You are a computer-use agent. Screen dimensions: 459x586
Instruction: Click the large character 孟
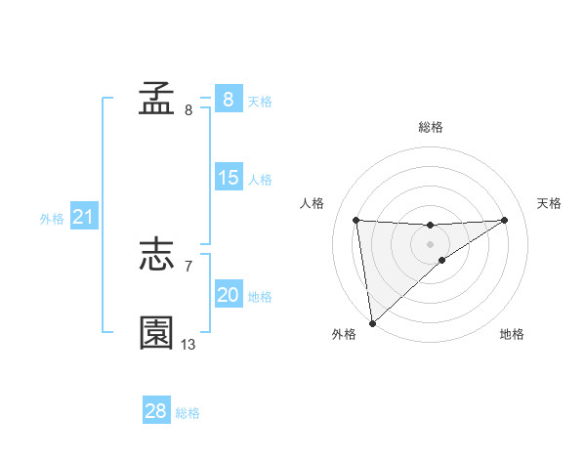point(157,99)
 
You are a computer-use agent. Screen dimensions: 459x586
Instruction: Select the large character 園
point(157,333)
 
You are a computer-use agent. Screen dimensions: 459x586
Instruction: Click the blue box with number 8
point(229,100)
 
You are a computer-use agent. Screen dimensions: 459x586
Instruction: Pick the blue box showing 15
point(229,178)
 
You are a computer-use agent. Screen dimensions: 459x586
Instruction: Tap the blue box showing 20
point(229,295)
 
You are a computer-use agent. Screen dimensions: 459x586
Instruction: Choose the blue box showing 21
point(83,218)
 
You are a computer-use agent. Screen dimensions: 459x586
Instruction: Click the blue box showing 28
point(156,411)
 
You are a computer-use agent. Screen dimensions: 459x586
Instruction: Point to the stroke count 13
point(188,345)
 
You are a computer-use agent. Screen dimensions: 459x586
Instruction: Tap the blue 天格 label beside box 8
point(260,101)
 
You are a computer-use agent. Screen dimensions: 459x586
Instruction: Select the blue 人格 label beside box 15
point(260,179)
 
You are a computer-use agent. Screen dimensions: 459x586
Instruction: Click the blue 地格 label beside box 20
point(260,296)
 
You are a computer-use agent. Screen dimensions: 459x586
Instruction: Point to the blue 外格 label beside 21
point(52,219)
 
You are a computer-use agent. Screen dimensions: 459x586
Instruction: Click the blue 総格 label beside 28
point(188,412)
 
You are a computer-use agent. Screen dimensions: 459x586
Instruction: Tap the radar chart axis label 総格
point(430,127)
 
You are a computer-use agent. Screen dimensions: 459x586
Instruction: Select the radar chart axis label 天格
point(549,203)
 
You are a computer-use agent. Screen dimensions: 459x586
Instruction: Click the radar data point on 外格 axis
point(372,321)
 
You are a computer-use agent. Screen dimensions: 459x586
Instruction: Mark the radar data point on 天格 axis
point(505,220)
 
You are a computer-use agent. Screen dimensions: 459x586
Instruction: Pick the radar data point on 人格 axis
point(356,220)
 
